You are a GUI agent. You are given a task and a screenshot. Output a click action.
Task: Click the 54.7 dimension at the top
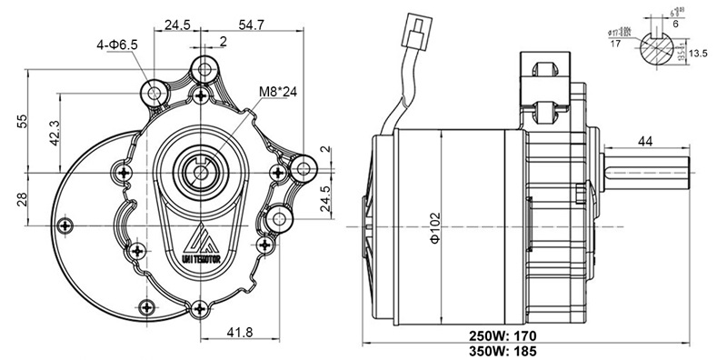[x=251, y=25]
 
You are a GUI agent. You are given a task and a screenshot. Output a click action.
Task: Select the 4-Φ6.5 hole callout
[x=115, y=44]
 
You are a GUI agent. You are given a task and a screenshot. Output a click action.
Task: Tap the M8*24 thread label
[x=278, y=91]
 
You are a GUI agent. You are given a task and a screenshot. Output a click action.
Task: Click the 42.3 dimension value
[x=55, y=132]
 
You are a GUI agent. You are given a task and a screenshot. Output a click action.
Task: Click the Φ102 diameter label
[x=434, y=225]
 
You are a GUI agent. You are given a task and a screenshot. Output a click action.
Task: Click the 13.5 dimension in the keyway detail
[x=699, y=54]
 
